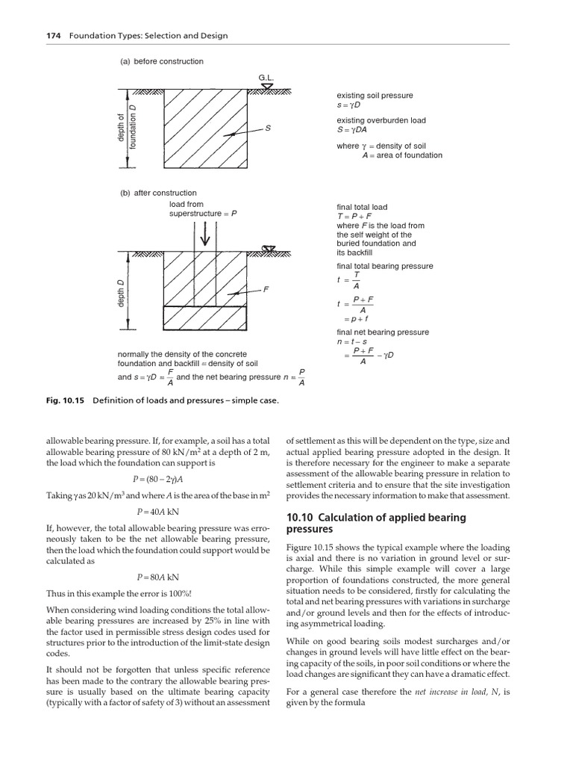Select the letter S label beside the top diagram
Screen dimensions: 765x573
(267, 128)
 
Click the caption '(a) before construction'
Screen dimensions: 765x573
(162, 61)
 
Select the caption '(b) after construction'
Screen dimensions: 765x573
(159, 193)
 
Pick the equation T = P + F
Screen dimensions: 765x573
(358, 217)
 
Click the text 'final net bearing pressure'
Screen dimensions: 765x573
(383, 332)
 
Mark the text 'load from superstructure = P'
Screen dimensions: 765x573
(203, 209)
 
